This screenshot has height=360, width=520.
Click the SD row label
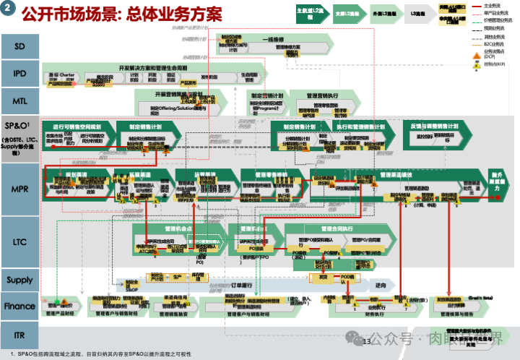point(20,46)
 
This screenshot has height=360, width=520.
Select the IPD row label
point(20,73)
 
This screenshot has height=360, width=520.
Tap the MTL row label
point(20,99)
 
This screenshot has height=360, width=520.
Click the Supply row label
point(20,280)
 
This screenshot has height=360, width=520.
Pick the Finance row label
point(20,306)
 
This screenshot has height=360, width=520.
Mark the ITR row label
point(20,335)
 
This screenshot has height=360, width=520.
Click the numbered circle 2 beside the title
point(9,12)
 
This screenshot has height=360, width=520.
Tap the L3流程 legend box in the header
point(418,14)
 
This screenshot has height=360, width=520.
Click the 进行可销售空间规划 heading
point(72,126)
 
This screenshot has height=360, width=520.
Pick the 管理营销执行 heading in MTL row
point(323,95)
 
